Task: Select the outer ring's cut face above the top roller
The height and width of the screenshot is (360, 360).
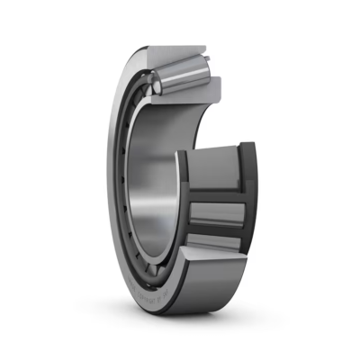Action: tap(180, 55)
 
